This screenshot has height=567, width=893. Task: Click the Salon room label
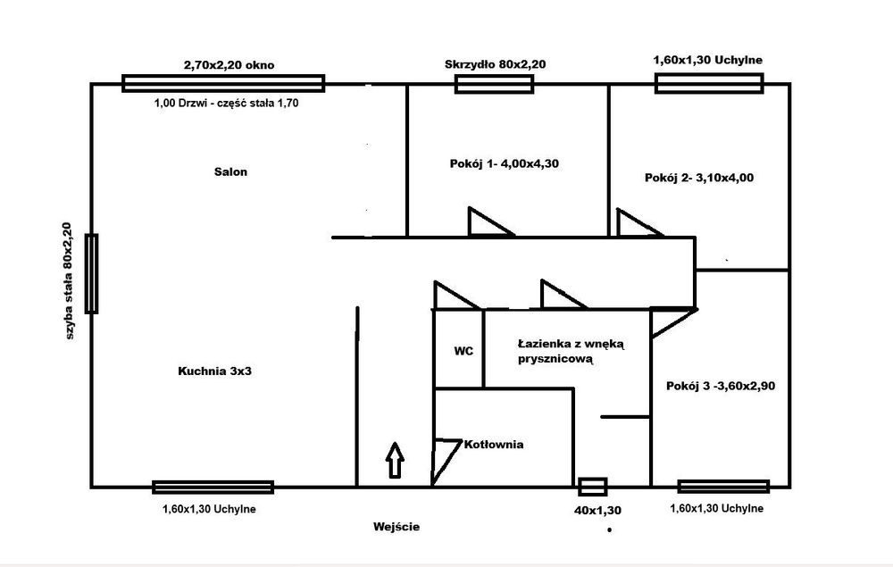click(230, 172)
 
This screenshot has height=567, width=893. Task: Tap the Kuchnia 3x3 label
click(214, 371)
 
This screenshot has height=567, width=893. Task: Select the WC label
click(463, 351)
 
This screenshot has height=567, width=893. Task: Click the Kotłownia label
click(494, 445)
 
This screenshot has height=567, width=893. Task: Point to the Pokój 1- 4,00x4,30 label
click(504, 164)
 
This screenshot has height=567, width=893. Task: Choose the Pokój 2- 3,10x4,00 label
click(699, 178)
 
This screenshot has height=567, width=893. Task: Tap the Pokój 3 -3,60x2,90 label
click(721, 386)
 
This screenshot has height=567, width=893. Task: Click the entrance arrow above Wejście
click(395, 460)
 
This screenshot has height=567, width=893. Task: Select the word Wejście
click(396, 527)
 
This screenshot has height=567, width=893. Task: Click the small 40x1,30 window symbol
click(592, 488)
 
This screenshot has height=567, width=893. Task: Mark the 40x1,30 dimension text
click(597, 511)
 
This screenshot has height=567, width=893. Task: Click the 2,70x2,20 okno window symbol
click(223, 83)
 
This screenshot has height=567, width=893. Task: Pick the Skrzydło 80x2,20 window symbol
click(494, 84)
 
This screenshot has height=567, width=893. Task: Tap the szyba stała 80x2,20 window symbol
click(91, 273)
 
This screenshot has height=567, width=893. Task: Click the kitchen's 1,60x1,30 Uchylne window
click(213, 487)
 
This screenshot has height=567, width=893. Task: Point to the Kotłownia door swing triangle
click(446, 462)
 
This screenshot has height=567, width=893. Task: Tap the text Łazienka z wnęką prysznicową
click(572, 352)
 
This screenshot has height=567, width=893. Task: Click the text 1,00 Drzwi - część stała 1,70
click(226, 103)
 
